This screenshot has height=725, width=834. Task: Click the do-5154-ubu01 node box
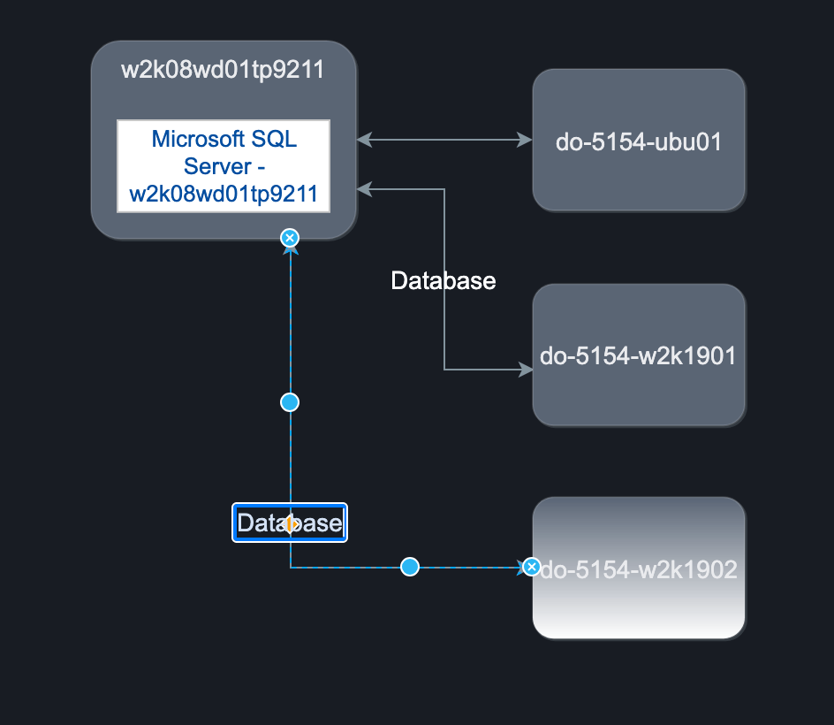[x=639, y=140]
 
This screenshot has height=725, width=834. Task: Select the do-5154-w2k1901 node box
[x=639, y=355]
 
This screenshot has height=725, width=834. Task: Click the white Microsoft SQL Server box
[x=224, y=166]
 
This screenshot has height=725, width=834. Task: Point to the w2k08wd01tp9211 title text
[x=223, y=70]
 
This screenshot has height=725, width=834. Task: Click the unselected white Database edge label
[x=444, y=281]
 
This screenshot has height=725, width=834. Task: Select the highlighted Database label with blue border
[x=289, y=523]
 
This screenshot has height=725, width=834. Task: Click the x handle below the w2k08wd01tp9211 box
[x=289, y=237]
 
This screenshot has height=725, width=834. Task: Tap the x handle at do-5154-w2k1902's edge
[x=531, y=567]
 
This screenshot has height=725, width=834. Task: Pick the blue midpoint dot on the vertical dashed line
[x=290, y=402]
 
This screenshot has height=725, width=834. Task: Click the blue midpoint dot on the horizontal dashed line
[x=409, y=567]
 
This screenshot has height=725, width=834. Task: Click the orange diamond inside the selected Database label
[x=290, y=524]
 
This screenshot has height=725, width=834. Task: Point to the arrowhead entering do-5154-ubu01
[x=527, y=140]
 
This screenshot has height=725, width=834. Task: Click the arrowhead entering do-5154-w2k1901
[x=527, y=370]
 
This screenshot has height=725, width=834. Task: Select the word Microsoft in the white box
[x=186, y=139]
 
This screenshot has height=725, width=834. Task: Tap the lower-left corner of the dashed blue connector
[x=291, y=567]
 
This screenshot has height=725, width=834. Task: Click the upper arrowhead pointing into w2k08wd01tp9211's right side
[x=364, y=140]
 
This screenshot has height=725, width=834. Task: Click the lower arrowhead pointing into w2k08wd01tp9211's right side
[x=364, y=188]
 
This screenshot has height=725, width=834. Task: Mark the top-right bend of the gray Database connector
[x=444, y=188]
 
